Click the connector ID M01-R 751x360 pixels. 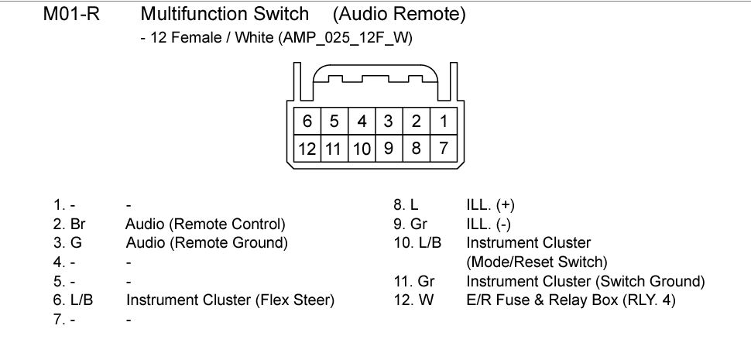pos(72,15)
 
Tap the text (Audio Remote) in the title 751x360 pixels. pos(400,15)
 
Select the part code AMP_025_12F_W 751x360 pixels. pos(345,38)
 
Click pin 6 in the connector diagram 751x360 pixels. pos(307,121)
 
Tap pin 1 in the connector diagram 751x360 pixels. pos(444,121)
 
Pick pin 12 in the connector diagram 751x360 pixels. pos(307,149)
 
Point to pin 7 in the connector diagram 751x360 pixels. pos(444,149)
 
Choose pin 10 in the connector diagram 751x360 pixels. pos(362,149)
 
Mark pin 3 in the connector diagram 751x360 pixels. pos(389,121)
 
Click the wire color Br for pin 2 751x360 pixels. pos(78,224)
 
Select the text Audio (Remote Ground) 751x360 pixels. pos(207,243)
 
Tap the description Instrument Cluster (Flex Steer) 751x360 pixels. pos(231,300)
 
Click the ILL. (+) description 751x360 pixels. pos(490,205)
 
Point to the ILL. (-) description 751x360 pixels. pos(489,225)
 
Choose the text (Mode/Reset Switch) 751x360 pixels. pos(537,262)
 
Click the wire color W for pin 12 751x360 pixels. pos(426,300)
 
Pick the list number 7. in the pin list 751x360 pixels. pos(59,319)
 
